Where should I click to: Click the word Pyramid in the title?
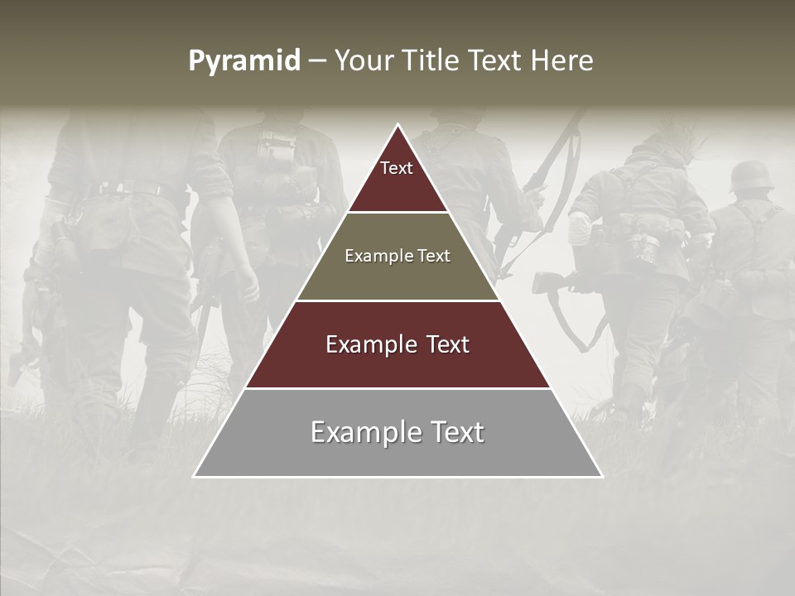(244, 61)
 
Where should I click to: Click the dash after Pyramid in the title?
(317, 62)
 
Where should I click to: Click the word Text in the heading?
(499, 61)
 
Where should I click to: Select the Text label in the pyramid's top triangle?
(397, 168)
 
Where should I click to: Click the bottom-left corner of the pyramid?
(194, 477)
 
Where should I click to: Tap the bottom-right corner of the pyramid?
(602, 477)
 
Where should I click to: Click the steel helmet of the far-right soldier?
(750, 176)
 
